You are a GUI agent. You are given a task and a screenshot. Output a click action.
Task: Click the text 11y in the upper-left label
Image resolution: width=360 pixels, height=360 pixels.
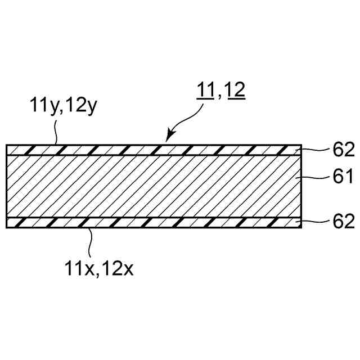(x=41, y=105)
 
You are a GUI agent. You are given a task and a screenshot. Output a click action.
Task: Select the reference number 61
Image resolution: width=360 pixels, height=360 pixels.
(x=341, y=178)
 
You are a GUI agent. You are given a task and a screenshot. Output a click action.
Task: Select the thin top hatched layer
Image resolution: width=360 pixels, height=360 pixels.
(x=152, y=150)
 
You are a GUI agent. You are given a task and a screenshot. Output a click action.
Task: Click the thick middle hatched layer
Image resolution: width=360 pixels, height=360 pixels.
(x=152, y=186)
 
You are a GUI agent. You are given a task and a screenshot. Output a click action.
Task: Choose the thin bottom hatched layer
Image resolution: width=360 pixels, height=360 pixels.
(x=152, y=222)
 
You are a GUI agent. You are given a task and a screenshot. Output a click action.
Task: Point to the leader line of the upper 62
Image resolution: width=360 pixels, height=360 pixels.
(x=315, y=149)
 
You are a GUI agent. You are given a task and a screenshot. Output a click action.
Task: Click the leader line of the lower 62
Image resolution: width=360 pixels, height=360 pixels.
(x=315, y=222)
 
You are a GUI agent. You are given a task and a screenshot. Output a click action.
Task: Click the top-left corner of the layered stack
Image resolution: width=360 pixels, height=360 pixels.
(x=6, y=145)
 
